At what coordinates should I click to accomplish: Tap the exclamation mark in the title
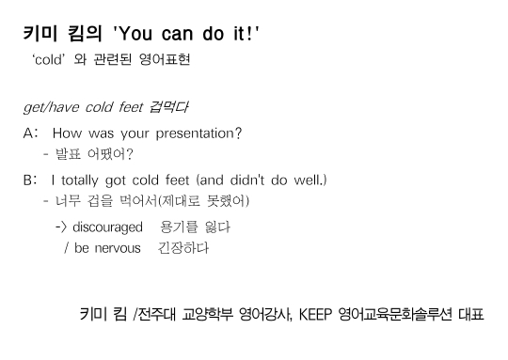pyautogui.click(x=249, y=34)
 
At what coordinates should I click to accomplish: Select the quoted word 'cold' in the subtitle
pyautogui.click(x=49, y=59)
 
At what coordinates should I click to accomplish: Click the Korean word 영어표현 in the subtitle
pyautogui.click(x=165, y=59)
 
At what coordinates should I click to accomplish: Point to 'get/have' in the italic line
pyautogui.click(x=51, y=107)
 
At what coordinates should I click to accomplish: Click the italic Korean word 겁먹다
pyautogui.click(x=168, y=107)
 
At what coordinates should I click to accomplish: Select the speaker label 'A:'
pyautogui.click(x=31, y=133)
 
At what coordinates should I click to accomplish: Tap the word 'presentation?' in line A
pyautogui.click(x=198, y=133)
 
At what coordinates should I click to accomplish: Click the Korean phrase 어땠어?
pyautogui.click(x=110, y=154)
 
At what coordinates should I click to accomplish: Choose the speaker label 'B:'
pyautogui.click(x=30, y=180)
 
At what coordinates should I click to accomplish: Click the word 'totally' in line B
pyautogui.click(x=79, y=180)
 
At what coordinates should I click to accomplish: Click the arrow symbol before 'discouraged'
pyautogui.click(x=61, y=227)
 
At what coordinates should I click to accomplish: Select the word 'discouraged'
pyautogui.click(x=107, y=227)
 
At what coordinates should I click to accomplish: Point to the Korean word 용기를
pyautogui.click(x=179, y=227)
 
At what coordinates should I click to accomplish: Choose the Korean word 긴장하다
pyautogui.click(x=183, y=248)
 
